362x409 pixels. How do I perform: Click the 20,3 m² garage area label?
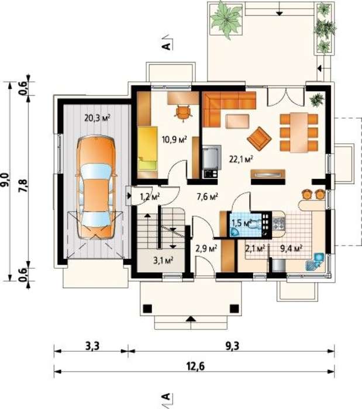point(97,118)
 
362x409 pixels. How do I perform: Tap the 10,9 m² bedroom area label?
point(175,140)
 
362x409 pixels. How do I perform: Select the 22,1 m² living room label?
point(242,159)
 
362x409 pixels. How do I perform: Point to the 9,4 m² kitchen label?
point(291,248)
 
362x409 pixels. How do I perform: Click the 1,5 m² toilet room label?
point(242,223)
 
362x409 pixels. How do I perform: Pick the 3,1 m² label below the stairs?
point(163,260)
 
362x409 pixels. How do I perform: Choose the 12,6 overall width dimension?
point(195,366)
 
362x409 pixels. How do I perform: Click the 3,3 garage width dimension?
point(92,346)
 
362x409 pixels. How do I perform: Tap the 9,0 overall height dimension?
point(6,180)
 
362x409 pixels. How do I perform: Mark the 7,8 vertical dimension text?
point(23,185)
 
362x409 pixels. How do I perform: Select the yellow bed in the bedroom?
point(148,148)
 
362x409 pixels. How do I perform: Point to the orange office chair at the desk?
point(184,113)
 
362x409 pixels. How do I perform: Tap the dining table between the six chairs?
point(299,132)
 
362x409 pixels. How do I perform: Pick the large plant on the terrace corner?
point(226,19)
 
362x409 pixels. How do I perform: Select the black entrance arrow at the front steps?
point(191,318)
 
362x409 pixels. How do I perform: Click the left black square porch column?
point(147,309)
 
